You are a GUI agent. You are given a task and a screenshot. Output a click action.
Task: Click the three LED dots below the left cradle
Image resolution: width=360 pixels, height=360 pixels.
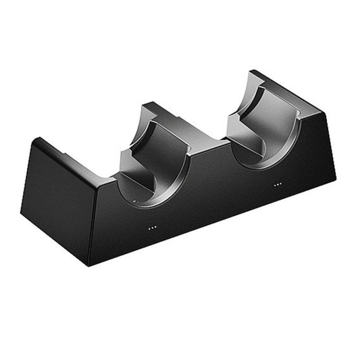pos(153,228)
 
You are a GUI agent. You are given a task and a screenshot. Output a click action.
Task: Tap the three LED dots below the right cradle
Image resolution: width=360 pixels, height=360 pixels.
pos(278,184)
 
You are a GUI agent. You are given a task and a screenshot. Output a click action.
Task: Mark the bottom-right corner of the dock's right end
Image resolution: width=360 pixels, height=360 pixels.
pos(335,178)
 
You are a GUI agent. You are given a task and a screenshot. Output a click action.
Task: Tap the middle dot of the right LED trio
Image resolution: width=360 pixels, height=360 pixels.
pos(278,184)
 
